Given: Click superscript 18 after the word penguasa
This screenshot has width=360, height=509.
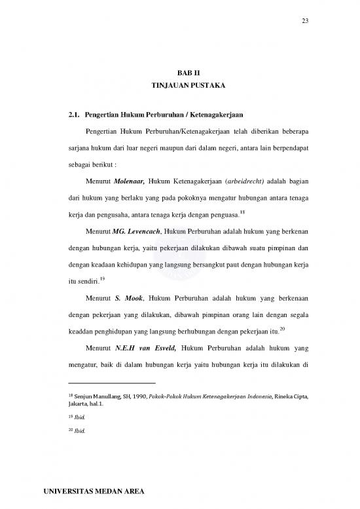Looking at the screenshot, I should tap(243, 212).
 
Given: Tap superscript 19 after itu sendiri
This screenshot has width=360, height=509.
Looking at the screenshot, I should tap(102, 280).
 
